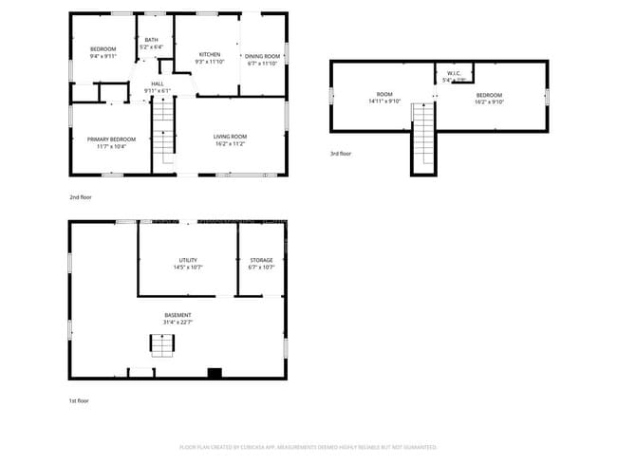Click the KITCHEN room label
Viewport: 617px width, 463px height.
click(210, 55)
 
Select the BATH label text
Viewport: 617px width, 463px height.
click(152, 39)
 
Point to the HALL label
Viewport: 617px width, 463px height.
click(158, 83)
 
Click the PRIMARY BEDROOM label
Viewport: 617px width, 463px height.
click(111, 139)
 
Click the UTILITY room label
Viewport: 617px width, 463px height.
click(188, 260)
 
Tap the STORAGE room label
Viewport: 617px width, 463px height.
click(261, 260)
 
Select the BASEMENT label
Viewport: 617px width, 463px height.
click(178, 315)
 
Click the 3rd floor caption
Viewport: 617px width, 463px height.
click(341, 153)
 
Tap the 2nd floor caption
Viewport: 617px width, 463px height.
click(81, 196)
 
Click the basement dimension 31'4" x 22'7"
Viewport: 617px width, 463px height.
click(178, 323)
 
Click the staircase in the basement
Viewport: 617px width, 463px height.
click(161, 346)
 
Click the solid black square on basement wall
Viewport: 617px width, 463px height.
click(215, 373)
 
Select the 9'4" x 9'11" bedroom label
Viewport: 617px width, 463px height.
click(103, 52)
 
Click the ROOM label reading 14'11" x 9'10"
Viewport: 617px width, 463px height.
click(383, 98)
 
